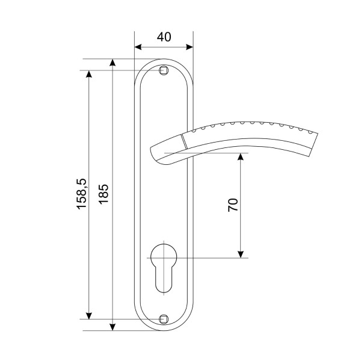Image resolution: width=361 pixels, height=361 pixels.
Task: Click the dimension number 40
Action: (164, 37)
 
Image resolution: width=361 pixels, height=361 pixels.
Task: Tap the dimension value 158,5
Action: (81, 194)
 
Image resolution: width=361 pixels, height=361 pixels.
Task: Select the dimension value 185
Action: (103, 194)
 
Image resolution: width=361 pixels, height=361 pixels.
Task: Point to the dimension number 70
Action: (233, 205)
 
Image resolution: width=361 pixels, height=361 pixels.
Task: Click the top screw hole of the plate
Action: (164, 70)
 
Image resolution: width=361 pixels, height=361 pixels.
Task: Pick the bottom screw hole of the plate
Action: (164, 319)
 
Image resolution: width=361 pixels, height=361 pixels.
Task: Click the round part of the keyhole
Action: (164, 256)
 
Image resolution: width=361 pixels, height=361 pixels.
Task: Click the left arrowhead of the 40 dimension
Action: (138, 47)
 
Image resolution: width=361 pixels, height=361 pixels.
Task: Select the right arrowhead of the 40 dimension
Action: (190, 47)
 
